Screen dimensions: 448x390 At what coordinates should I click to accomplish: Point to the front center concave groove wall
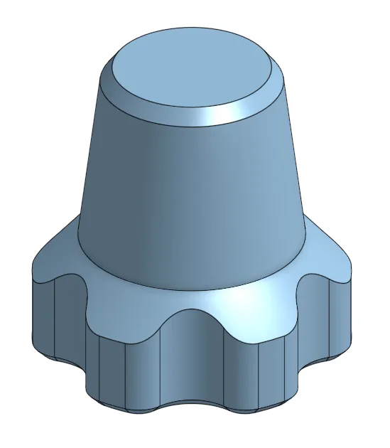(192, 370)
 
